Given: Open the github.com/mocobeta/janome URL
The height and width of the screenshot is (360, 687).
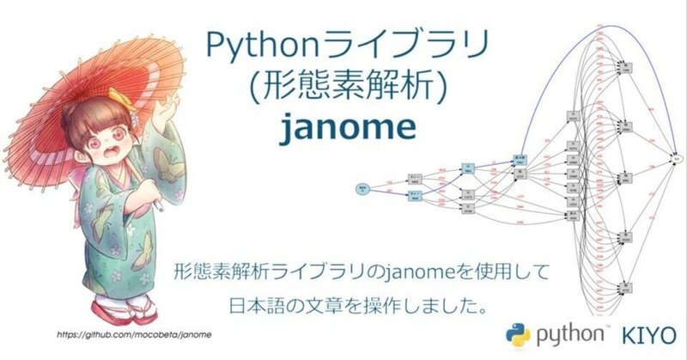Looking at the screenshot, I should [134, 332].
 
